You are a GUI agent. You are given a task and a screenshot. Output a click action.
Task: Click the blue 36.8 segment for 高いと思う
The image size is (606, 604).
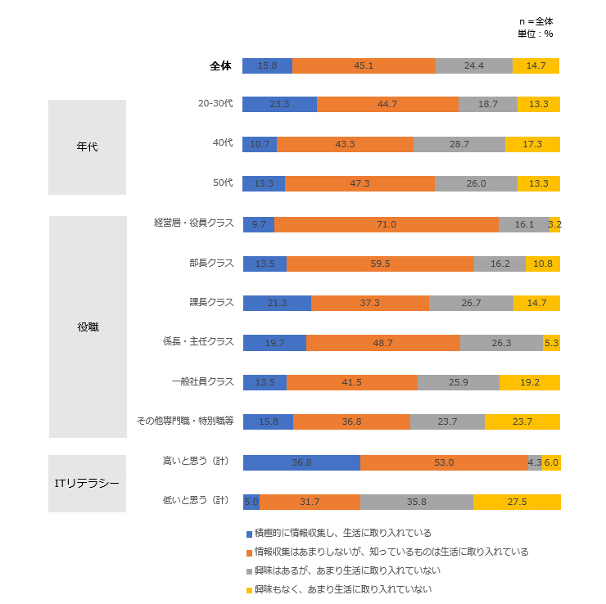[301, 462]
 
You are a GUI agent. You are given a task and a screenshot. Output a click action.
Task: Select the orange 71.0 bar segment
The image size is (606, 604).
[387, 224]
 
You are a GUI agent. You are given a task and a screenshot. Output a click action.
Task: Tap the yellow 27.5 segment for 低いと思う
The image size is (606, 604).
[517, 502]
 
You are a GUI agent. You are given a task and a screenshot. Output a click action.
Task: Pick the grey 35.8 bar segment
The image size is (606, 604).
[417, 502]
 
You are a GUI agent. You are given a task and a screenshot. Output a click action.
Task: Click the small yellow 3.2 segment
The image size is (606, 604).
[554, 224]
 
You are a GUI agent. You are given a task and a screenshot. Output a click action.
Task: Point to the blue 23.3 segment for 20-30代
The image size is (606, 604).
[279, 105]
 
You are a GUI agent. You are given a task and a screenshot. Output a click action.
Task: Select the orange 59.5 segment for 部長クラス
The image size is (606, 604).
[380, 264]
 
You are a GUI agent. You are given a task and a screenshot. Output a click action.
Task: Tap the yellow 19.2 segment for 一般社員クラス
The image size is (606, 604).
[529, 382]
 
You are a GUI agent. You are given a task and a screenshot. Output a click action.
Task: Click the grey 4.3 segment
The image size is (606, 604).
[535, 462]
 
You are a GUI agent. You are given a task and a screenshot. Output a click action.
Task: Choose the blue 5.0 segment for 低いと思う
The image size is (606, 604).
[251, 502]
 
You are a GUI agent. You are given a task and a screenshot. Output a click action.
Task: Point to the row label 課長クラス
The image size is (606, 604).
[211, 303]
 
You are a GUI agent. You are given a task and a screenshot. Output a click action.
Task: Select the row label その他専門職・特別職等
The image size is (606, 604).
[185, 421]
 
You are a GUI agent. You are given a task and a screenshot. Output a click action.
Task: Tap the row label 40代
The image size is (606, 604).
[222, 144]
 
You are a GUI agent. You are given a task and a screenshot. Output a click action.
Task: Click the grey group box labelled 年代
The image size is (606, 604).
[87, 147]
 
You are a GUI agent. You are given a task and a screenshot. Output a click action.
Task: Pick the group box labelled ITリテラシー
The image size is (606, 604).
[87, 483]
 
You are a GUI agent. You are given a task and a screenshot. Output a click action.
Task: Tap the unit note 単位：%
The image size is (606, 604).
[536, 34]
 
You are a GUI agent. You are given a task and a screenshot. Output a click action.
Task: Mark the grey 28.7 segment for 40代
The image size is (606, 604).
[459, 144]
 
